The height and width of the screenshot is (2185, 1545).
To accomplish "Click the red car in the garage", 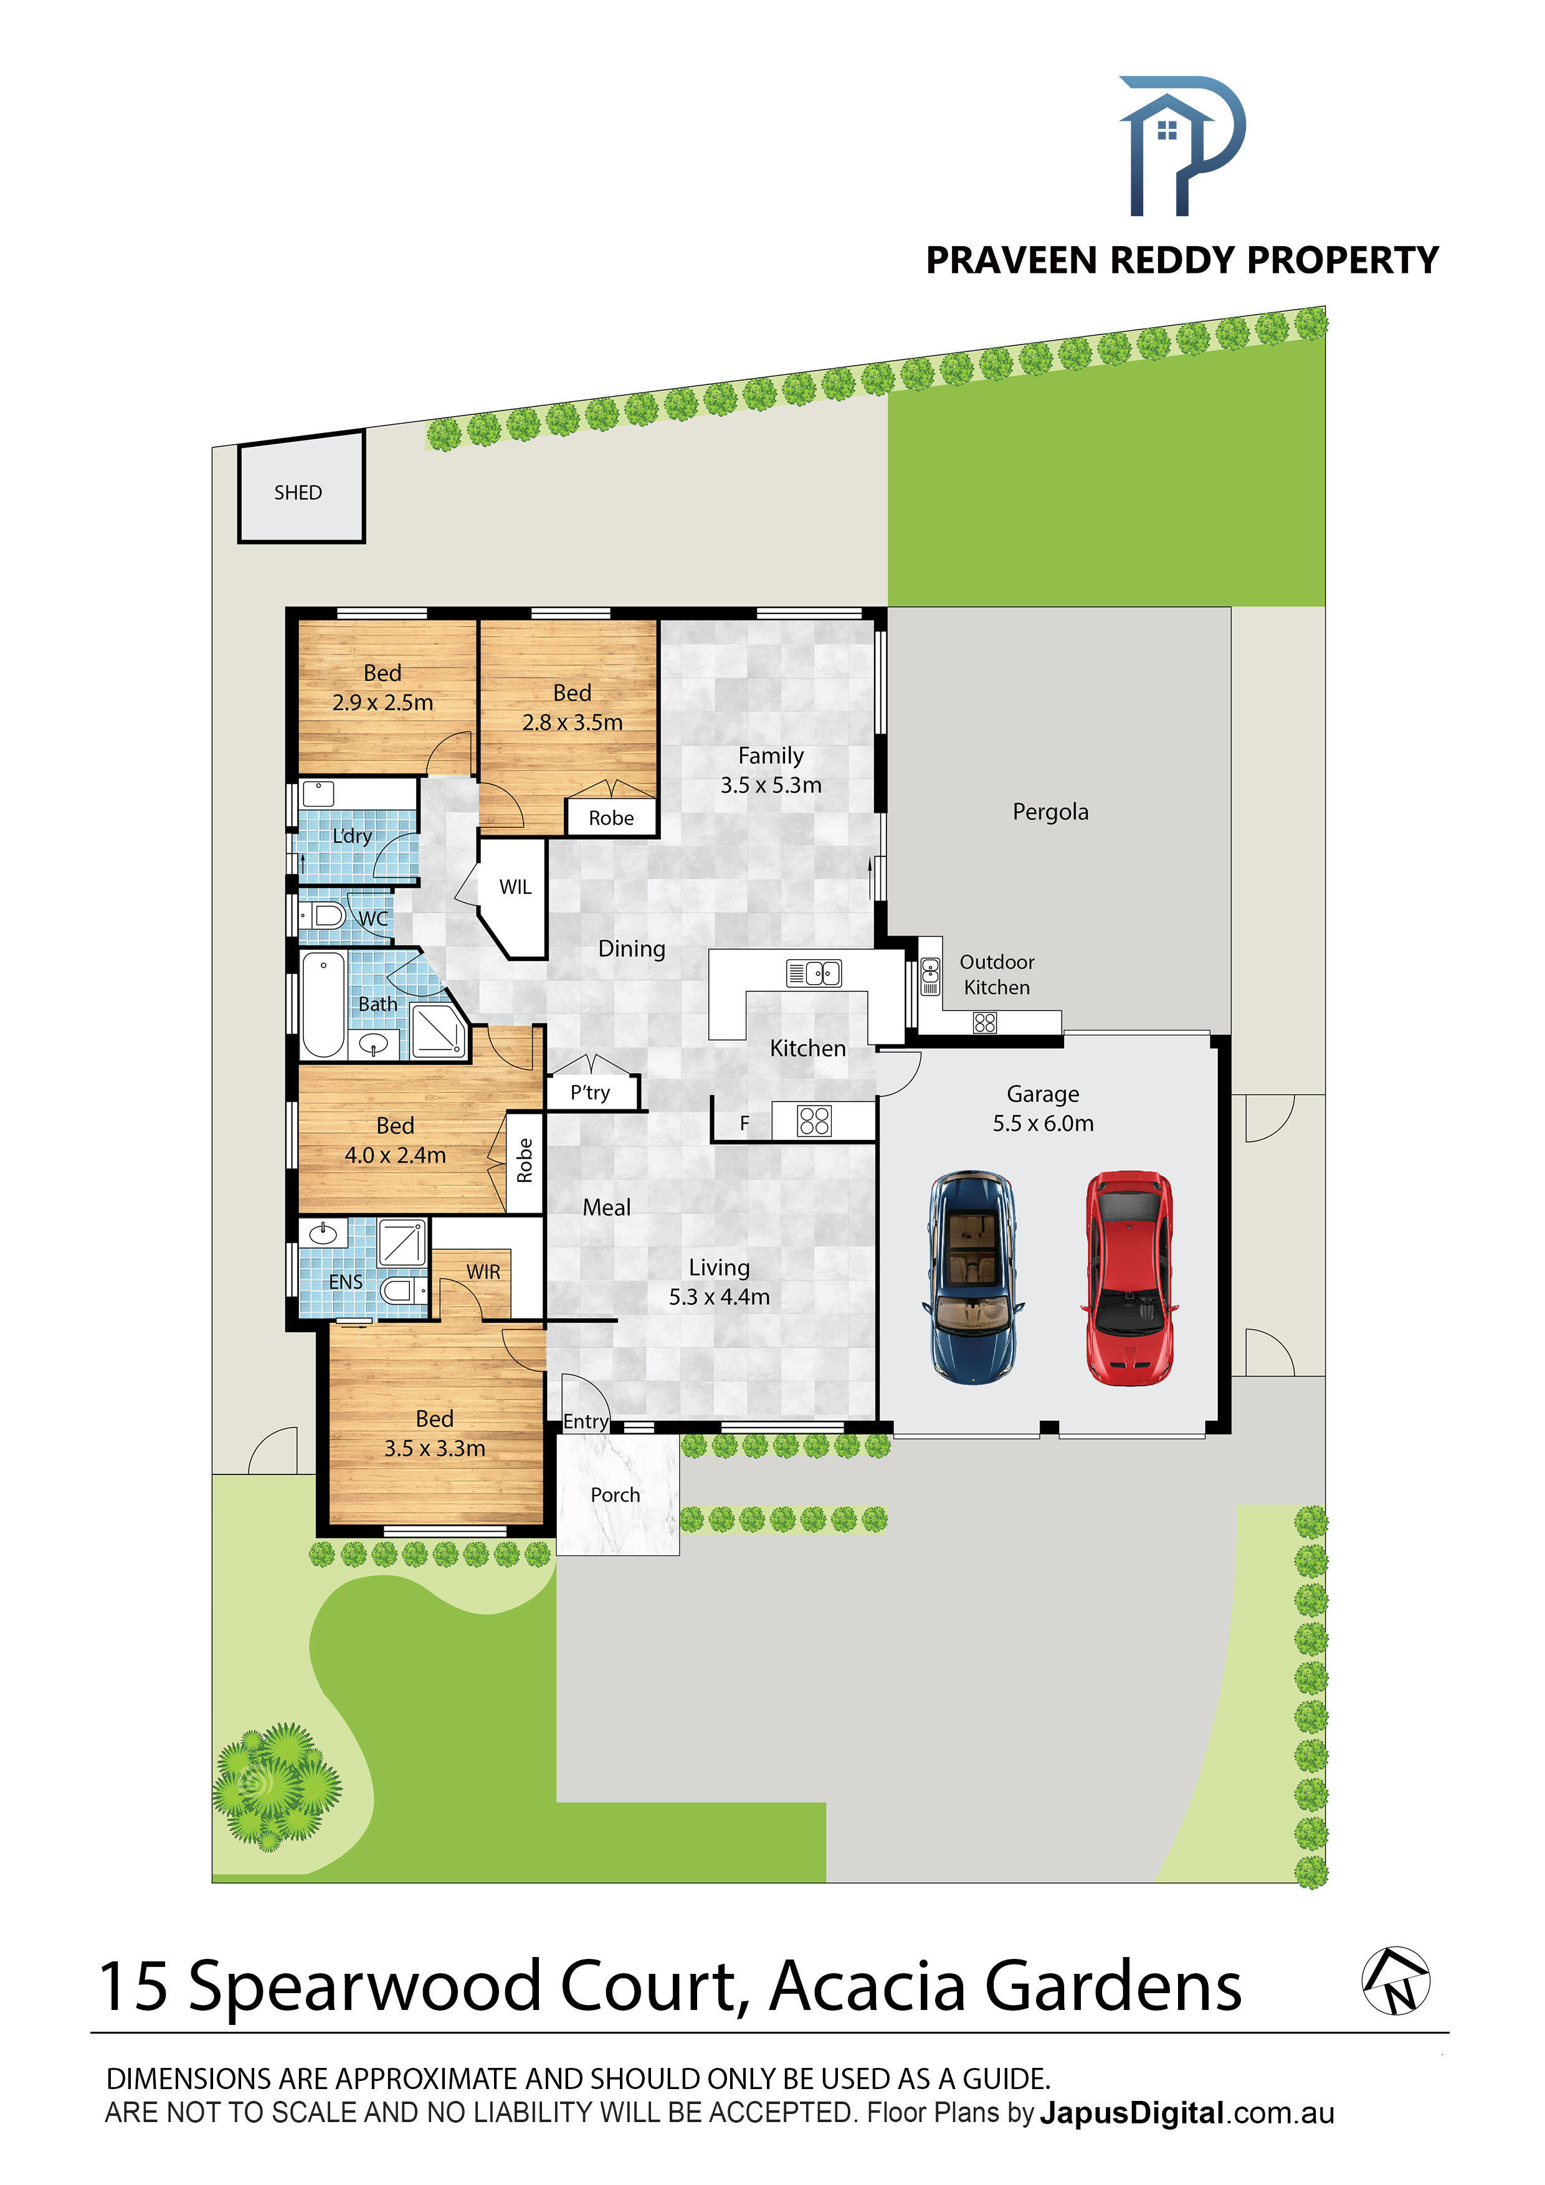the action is [1129, 1278].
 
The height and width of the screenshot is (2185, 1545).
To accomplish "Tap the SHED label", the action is [298, 492].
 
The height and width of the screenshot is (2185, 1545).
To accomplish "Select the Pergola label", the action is [1050, 812].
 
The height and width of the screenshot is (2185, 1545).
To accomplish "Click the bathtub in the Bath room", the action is [323, 1005].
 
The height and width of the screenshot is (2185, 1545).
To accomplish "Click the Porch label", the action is [615, 1494].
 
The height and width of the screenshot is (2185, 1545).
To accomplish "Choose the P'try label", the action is [590, 1092].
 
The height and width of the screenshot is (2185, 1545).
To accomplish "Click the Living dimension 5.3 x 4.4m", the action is [719, 1296].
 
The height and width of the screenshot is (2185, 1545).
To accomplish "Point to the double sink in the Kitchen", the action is [814, 972].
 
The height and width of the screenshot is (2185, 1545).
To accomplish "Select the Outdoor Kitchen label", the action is [997, 975].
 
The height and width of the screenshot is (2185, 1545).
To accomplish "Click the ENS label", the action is [346, 1282].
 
